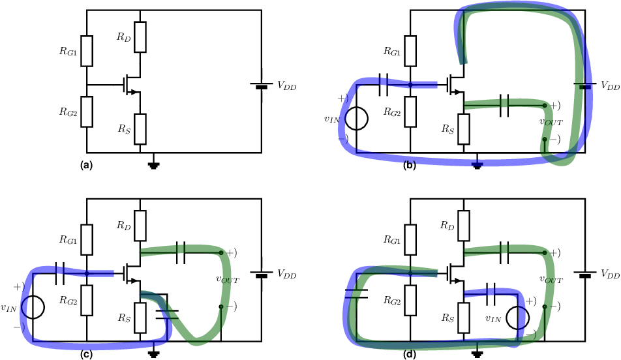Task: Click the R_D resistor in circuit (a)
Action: [x=140, y=37]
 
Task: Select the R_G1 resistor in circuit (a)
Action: [x=87, y=51]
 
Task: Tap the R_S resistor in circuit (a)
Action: [x=140, y=129]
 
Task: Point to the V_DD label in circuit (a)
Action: [x=287, y=85]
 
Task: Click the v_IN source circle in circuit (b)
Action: [x=356, y=118]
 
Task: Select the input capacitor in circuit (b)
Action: [x=384, y=85]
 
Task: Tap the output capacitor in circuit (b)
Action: [x=504, y=106]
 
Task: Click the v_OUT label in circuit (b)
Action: [x=551, y=121]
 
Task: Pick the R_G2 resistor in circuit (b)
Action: [x=410, y=112]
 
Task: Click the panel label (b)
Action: [x=410, y=166]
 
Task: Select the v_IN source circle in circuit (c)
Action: [x=33, y=307]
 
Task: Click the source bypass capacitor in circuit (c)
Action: [x=167, y=314]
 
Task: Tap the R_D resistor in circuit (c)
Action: [x=140, y=226]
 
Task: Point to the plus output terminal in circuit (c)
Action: [x=221, y=252]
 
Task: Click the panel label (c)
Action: [x=86, y=355]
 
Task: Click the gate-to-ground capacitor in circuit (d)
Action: [x=356, y=293]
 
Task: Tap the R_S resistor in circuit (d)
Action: [x=464, y=318]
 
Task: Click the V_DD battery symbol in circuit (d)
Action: [x=585, y=274]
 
